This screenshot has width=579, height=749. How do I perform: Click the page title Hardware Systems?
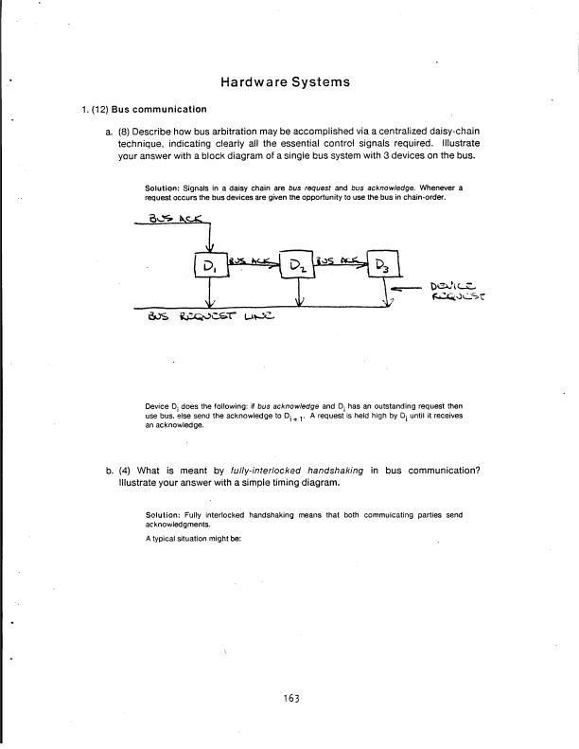click(289, 82)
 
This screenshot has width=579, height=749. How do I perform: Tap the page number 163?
click(289, 699)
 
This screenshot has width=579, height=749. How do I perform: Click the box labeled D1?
click(208, 265)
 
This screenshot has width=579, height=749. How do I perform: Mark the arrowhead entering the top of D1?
click(208, 247)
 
